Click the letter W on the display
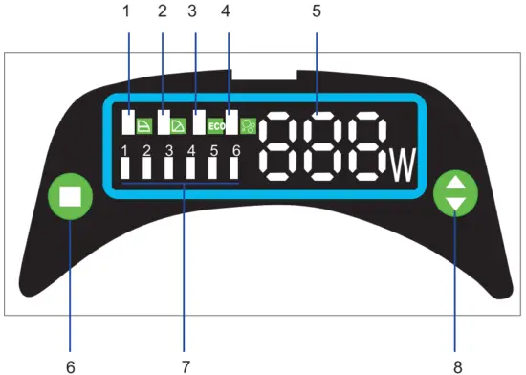coord(403,168)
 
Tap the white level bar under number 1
coord(125,168)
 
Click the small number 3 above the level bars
coord(169,149)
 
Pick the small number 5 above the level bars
coord(213,149)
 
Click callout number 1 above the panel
coord(126,12)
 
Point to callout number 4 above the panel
coord(226,12)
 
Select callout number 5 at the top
coord(318,12)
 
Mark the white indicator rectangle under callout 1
coord(127,123)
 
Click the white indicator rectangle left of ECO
coord(199,123)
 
